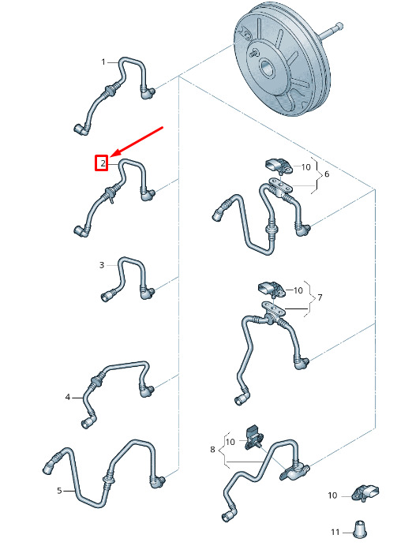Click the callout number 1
click(103, 62)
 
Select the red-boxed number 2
click(103, 163)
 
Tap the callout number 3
click(102, 265)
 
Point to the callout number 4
click(68, 397)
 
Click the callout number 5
click(59, 491)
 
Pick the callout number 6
click(327, 174)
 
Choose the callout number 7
click(320, 297)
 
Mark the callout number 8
click(212, 450)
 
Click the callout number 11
click(335, 532)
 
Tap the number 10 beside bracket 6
click(305, 167)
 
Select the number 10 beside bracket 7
click(298, 290)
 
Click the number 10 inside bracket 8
click(230, 442)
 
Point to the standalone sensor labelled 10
click(365, 493)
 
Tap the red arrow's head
click(112, 155)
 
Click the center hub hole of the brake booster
click(267, 68)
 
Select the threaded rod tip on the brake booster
click(339, 26)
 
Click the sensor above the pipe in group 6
click(279, 166)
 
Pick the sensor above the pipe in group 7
click(272, 290)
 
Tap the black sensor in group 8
click(254, 437)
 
